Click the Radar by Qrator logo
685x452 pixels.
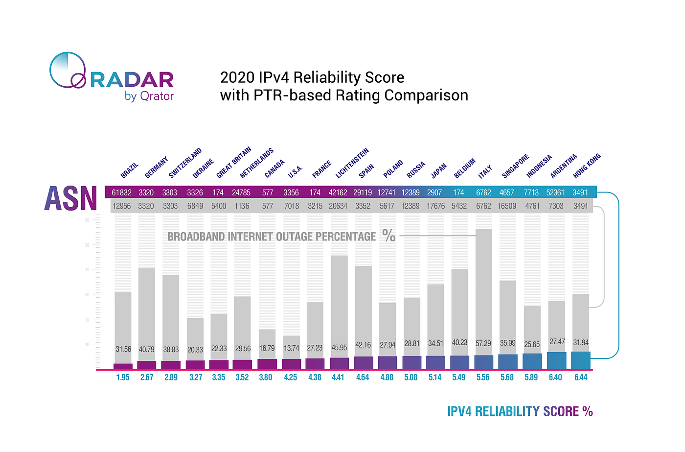112,77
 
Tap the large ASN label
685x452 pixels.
71,198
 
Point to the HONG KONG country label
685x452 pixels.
587,166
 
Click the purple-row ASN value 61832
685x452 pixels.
121,192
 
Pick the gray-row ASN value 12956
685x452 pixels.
121,206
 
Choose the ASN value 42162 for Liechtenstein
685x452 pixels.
338,192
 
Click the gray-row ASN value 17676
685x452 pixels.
435,206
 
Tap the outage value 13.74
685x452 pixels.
291,348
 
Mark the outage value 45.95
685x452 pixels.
339,348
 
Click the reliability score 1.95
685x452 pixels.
123,378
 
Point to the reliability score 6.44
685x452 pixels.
580,378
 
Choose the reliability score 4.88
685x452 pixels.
387,378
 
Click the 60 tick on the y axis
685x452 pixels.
87,220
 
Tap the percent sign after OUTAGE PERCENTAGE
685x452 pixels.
389,236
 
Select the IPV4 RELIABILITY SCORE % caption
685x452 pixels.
520,411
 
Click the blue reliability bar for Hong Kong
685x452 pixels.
580,360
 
